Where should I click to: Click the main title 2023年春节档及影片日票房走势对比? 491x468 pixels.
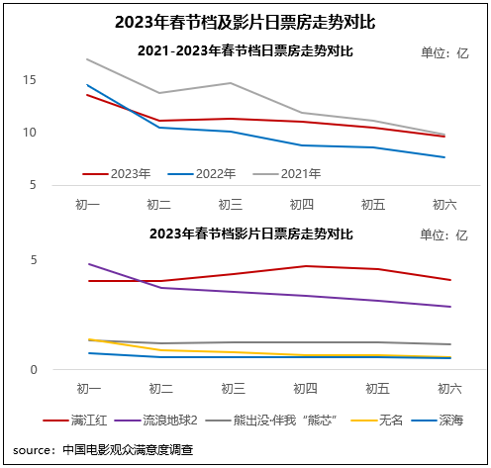pyautogui.click(x=245, y=21)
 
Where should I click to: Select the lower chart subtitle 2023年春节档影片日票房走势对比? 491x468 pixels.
pyautogui.click(x=249, y=234)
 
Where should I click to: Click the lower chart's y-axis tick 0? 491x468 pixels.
pyautogui.click(x=60, y=370)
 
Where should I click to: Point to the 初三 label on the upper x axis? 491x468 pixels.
pyautogui.click(x=231, y=204)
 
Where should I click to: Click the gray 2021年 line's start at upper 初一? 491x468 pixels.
pyautogui.click(x=87, y=59)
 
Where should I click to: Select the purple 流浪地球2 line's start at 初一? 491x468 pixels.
pyautogui.click(x=87, y=264)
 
